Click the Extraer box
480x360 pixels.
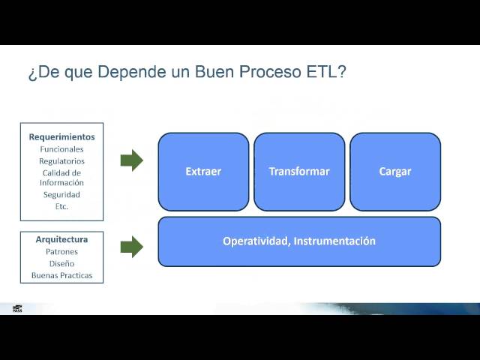click(x=203, y=172)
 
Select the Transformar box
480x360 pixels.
click(x=299, y=172)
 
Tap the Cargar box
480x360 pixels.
click(x=395, y=172)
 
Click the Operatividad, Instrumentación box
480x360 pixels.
click(x=299, y=241)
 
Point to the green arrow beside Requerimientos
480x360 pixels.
click(x=131, y=160)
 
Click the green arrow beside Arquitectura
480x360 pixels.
click(x=131, y=246)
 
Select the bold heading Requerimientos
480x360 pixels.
click(x=61, y=137)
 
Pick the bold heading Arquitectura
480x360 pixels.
click(x=61, y=240)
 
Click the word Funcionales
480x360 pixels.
click(x=61, y=149)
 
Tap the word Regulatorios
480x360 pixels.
click(x=61, y=161)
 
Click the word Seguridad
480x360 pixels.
click(x=61, y=195)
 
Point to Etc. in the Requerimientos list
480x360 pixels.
click(x=61, y=206)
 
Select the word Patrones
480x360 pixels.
click(x=61, y=252)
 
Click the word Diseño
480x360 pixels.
click(x=61, y=264)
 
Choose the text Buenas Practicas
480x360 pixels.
click(x=61, y=276)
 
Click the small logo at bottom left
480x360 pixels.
click(x=17, y=308)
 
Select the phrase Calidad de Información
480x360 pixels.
click(x=61, y=178)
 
